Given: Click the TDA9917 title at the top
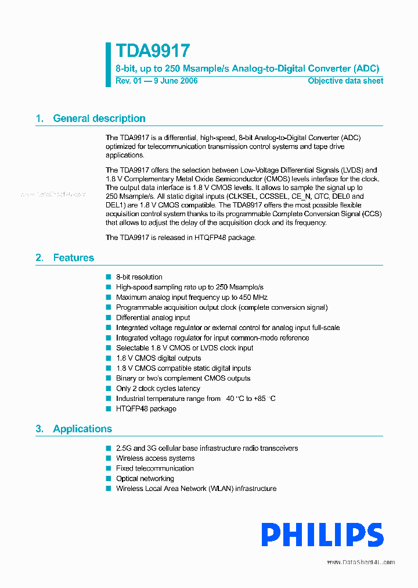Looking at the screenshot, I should click(152, 52).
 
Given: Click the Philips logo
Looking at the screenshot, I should click(322, 535).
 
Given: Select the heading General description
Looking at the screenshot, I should click(99, 119).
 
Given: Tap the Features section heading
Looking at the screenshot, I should click(73, 258).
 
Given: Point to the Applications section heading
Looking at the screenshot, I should click(82, 429).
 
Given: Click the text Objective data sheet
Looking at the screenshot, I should click(345, 81).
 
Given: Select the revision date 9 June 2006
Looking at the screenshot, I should click(175, 81).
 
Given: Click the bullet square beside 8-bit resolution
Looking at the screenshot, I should click(108, 277).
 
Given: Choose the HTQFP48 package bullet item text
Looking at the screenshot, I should click(146, 408).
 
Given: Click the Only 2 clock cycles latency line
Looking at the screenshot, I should click(158, 388).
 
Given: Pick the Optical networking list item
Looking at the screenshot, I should click(145, 479).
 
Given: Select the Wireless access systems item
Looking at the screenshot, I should click(155, 458).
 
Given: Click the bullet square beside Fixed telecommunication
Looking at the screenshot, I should click(108, 468).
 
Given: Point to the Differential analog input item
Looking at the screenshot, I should click(153, 318).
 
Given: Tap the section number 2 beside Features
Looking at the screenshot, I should click(39, 258).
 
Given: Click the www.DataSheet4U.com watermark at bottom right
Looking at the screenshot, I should click(361, 562).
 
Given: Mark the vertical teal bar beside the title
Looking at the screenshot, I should click(108, 64).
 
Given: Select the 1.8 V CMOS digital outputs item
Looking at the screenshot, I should click(158, 358).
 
